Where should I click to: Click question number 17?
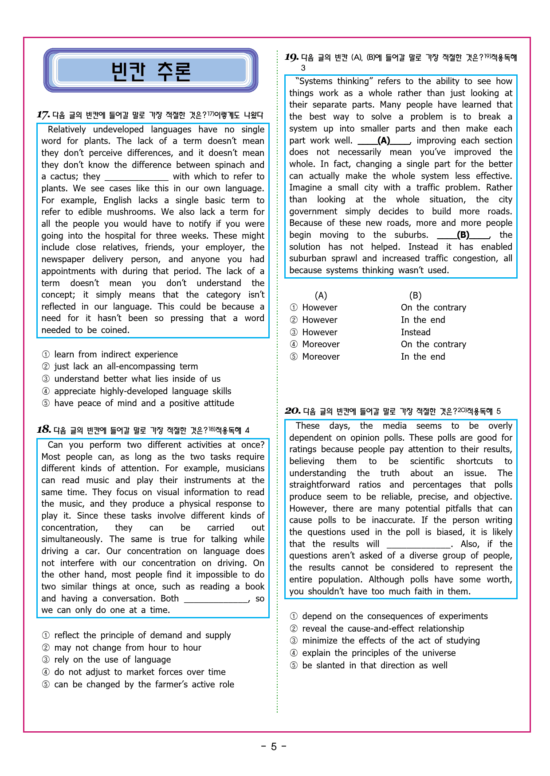[x=43, y=115]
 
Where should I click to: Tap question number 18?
[x=43, y=430]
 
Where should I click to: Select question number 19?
[x=291, y=57]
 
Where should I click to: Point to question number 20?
[x=292, y=411]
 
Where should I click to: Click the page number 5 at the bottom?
[x=274, y=747]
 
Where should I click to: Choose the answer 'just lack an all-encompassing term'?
[x=126, y=366]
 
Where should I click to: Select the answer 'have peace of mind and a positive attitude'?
[x=144, y=403]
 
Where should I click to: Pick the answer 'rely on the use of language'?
[x=112, y=660]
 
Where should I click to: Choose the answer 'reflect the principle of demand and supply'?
[x=142, y=635]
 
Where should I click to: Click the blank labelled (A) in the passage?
[x=384, y=141]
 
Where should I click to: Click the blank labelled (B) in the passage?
[x=463, y=235]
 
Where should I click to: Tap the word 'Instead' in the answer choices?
[x=416, y=332]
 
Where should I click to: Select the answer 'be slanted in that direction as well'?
[x=374, y=665]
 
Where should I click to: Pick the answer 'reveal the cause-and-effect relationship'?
[x=383, y=629]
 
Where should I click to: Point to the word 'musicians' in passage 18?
[x=245, y=468]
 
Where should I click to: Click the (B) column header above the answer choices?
[x=415, y=295]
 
